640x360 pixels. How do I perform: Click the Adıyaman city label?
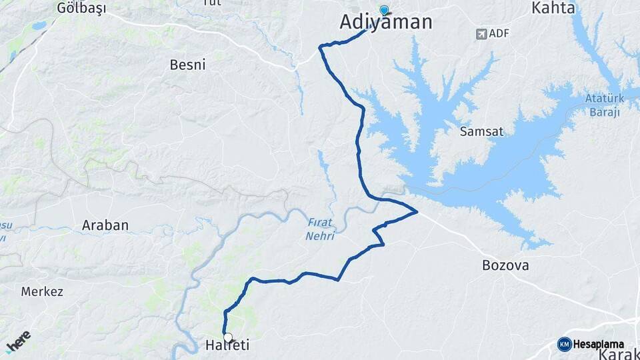point(385,22)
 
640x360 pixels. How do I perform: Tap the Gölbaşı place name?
point(81,8)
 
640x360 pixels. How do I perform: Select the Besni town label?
point(191,65)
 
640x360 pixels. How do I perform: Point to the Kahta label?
point(553,8)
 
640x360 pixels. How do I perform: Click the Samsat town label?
point(481,131)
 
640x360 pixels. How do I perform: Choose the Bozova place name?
point(505,265)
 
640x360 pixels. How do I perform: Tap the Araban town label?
point(105,225)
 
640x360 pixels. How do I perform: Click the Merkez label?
point(42,291)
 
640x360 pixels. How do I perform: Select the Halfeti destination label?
point(227,345)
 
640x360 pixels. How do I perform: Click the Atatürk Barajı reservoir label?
point(604,105)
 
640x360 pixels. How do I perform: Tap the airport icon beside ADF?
point(481,33)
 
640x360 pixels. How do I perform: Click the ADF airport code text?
point(499,33)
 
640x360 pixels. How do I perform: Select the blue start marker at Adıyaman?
point(384,10)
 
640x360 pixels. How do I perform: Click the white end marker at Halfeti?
point(228,337)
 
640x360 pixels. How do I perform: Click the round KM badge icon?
point(564,344)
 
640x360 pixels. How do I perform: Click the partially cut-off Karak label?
point(619,354)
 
